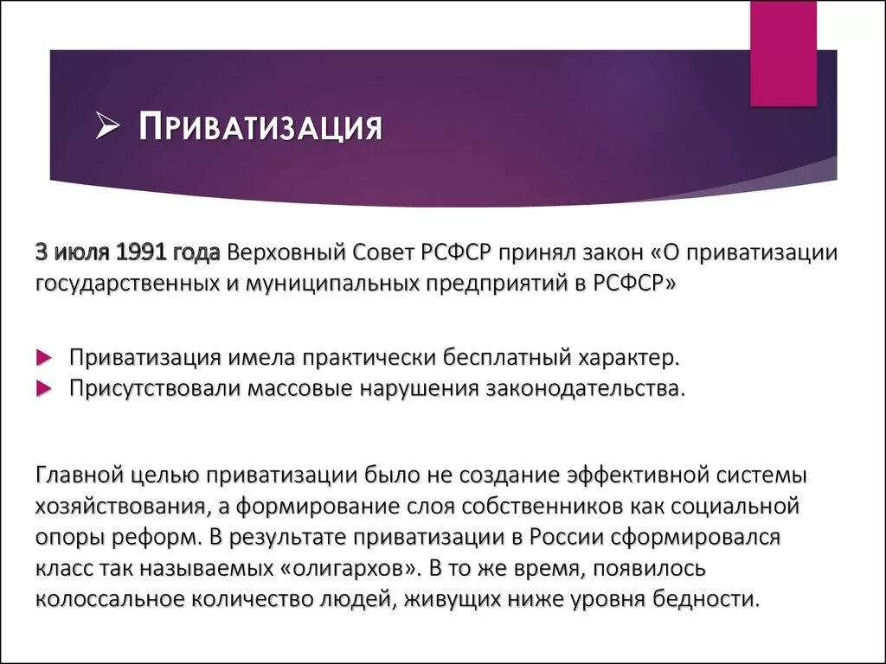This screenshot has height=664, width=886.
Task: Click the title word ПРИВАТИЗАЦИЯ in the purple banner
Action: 260,128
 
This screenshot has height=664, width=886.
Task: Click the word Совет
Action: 384,253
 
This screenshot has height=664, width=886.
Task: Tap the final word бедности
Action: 717,599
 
